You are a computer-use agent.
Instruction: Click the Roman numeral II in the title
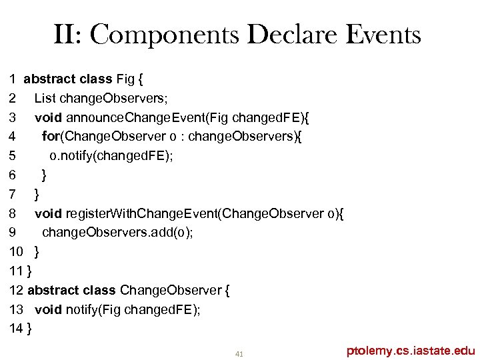pyautogui.click(x=66, y=35)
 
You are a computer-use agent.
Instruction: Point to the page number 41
pyautogui.click(x=239, y=353)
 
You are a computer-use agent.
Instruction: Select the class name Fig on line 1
pyautogui.click(x=125, y=79)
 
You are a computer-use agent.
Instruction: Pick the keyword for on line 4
pyautogui.click(x=50, y=137)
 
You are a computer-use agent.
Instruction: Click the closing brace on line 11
pyautogui.click(x=30, y=271)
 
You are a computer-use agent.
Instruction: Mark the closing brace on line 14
pyautogui.click(x=31, y=329)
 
